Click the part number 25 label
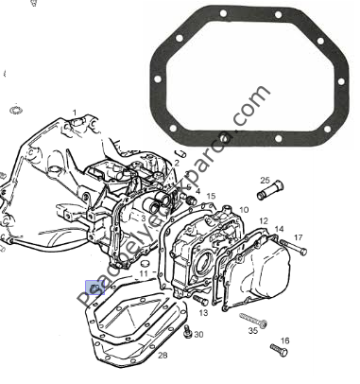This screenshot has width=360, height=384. coord(265,181)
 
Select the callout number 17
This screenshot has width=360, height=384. coord(298,237)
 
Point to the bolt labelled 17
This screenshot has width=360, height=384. coord(293,250)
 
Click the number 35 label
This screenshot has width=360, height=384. coord(252,332)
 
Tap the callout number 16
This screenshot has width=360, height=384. coord(284,340)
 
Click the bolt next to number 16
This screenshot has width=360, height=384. coord(278,350)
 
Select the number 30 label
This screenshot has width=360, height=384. coord(198,336)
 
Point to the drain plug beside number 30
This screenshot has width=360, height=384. coord(188,331)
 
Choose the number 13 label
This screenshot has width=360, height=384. coord(203,312)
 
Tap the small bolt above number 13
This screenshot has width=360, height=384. coord(199,300)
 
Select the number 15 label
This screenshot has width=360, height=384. coord(211,197)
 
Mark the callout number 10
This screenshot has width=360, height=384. coord(243,210)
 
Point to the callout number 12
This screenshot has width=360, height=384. coord(264,219)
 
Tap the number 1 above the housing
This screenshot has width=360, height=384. coord(75,113)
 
